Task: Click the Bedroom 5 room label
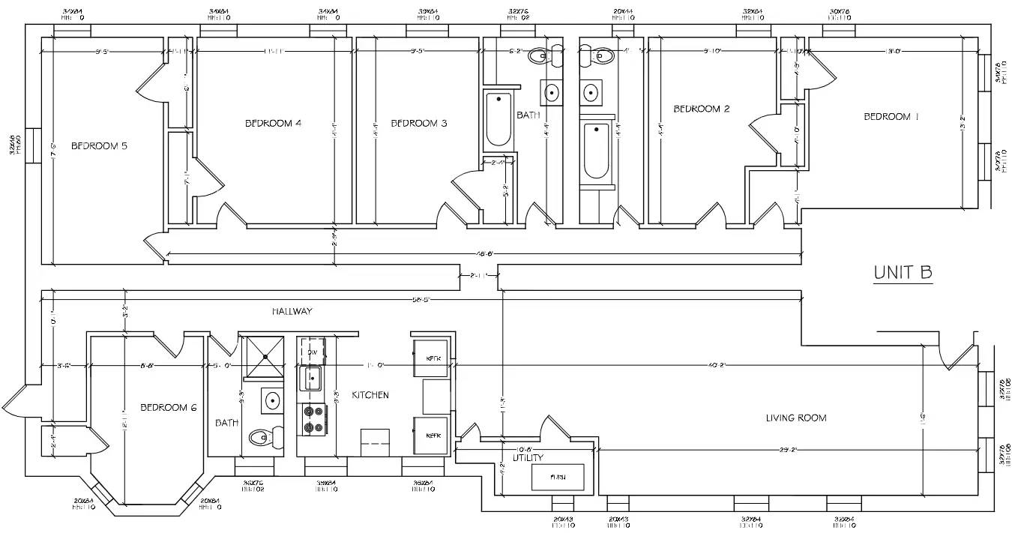[98, 146]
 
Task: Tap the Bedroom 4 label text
[273, 123]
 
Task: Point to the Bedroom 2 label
[701, 109]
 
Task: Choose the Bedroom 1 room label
[891, 116]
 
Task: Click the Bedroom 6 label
[168, 407]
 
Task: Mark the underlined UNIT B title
[903, 273]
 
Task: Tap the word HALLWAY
[292, 311]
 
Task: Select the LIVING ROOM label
[795, 418]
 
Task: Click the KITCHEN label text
[370, 394]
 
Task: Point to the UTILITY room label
[528, 457]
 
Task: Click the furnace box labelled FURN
[558, 477]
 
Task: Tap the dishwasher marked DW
[312, 352]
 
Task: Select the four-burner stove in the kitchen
[312, 420]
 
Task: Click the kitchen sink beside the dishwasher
[311, 378]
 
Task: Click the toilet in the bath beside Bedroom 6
[265, 437]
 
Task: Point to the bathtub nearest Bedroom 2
[597, 151]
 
